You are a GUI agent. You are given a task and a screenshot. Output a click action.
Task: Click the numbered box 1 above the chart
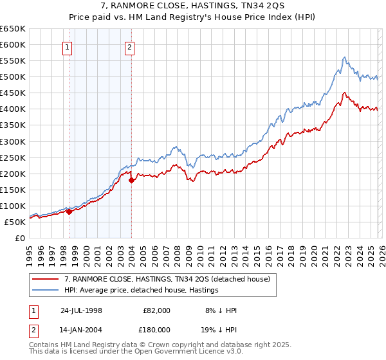pyautogui.click(x=68, y=46)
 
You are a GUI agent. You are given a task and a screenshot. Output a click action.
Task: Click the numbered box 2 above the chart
pyautogui.click(x=129, y=46)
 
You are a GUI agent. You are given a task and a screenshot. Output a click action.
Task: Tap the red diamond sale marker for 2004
pyautogui.click(x=132, y=180)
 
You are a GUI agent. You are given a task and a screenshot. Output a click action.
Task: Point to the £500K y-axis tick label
pyautogui.click(x=12, y=77)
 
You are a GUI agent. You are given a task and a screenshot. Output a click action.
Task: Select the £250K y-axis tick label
pyautogui.click(x=12, y=157)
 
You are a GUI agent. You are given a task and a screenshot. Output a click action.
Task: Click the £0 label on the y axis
pyautogui.click(x=20, y=238)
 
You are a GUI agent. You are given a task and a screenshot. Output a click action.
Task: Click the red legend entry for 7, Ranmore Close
pyautogui.click(x=170, y=278)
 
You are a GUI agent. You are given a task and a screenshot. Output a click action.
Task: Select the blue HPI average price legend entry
pyautogui.click(x=141, y=291)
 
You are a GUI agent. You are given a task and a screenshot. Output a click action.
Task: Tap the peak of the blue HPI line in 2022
pyautogui.click(x=345, y=57)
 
